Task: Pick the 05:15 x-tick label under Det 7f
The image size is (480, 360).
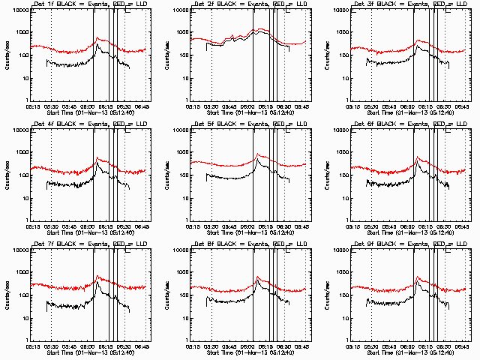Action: (x=33, y=346)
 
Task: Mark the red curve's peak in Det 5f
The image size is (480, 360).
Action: (x=257, y=154)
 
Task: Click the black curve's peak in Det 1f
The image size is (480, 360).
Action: (x=97, y=44)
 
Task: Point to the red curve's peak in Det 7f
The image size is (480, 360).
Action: (x=97, y=276)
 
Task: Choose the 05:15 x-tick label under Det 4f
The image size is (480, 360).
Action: (x=33, y=226)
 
